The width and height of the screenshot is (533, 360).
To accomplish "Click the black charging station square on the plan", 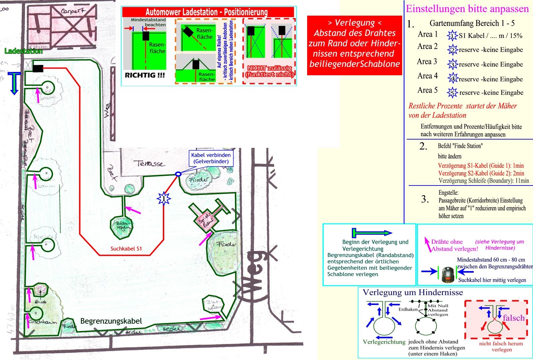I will pyautogui.click(x=38, y=68).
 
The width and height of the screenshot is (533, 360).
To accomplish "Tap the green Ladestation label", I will pyautogui.click(x=23, y=51).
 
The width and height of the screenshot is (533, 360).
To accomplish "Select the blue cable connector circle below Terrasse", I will pyautogui.click(x=178, y=174).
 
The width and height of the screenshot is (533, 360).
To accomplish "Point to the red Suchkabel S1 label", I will pyautogui.click(x=126, y=248).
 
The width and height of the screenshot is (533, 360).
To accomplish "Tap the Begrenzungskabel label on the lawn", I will pyautogui.click(x=111, y=321).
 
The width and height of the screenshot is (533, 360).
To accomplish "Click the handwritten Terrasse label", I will pyautogui.click(x=150, y=164).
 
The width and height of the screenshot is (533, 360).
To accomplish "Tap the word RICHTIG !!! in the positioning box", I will pyautogui.click(x=145, y=75).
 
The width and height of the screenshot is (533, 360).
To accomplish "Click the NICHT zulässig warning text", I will pyautogui.click(x=269, y=71).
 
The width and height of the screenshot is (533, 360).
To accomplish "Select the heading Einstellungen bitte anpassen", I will pyautogui.click(x=467, y=9).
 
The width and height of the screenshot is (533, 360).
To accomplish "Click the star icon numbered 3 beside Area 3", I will pyautogui.click(x=452, y=64).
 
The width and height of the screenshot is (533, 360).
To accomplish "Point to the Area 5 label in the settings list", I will pyautogui.click(x=427, y=90).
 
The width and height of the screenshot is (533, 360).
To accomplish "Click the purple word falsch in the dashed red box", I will pyautogui.click(x=514, y=318).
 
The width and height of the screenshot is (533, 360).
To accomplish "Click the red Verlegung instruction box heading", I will pyautogui.click(x=354, y=23).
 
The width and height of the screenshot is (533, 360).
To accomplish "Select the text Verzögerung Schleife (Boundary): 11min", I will pyautogui.click(x=484, y=181).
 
